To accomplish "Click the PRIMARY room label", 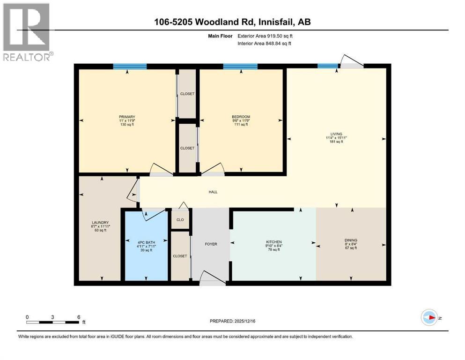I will tap(127, 117).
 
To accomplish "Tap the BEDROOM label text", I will tap(241, 117).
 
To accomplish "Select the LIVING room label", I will tap(336, 134).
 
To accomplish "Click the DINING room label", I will tap(350, 241).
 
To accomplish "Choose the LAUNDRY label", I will tap(100, 222).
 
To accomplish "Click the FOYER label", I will tap(211, 244).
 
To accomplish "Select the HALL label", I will tap(213, 191).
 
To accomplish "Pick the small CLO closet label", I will tap(180, 219).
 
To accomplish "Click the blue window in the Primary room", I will tap(130, 67).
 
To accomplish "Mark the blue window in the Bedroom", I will tap(240, 67).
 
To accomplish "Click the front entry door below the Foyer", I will tap(212, 280).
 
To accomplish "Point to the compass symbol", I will tap(429, 317).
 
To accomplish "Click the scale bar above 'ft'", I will tap(52, 322).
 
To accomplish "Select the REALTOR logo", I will tap(27, 32).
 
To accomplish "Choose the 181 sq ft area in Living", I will tap(336, 142).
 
